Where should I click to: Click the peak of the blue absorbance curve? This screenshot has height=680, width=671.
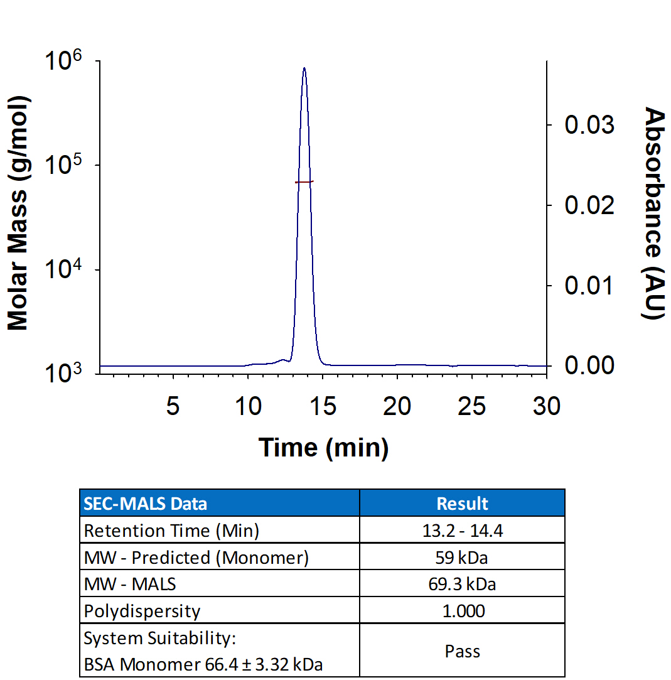pyautogui.click(x=304, y=68)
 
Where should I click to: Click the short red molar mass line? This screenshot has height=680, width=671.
pyautogui.click(x=304, y=181)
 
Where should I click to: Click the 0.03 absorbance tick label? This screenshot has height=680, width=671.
pyautogui.click(x=589, y=125)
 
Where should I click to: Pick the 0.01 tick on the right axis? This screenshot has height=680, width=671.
pyautogui.click(x=589, y=286)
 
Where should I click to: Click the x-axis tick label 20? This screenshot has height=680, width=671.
pyautogui.click(x=397, y=406)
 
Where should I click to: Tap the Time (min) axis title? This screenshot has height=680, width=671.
pyautogui.click(x=323, y=447)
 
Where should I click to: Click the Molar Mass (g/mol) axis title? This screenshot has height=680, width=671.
pyautogui.click(x=18, y=213)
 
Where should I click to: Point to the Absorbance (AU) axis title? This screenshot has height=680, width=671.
pyautogui.click(x=654, y=213)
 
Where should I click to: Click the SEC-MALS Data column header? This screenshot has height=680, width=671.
pyautogui.click(x=146, y=503)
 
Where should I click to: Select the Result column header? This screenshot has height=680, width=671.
pyautogui.click(x=462, y=503)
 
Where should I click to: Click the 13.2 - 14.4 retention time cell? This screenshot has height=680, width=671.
pyautogui.click(x=462, y=531)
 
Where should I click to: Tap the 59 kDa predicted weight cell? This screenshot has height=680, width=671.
pyautogui.click(x=462, y=558)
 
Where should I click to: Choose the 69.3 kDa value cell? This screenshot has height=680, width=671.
pyautogui.click(x=462, y=584)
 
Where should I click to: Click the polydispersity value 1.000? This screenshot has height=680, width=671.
pyautogui.click(x=462, y=611)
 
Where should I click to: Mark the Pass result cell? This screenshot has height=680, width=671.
pyautogui.click(x=462, y=651)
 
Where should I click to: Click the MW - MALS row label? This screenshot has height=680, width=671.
pyautogui.click(x=131, y=584)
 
